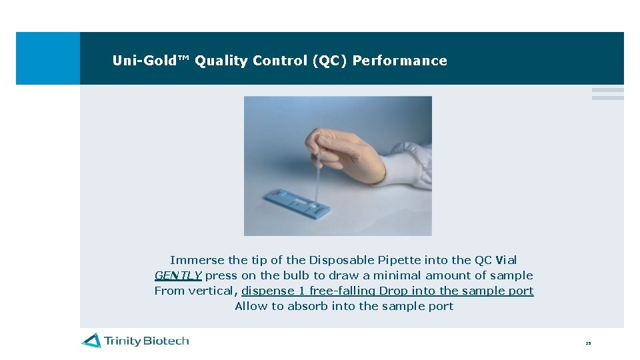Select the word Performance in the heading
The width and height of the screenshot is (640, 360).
(399, 61)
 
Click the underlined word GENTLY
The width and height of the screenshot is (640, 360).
(178, 275)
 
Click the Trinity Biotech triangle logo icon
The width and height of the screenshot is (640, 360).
(91, 341)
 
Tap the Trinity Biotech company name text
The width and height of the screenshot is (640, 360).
(146, 341)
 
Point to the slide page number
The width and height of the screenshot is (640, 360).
(588, 343)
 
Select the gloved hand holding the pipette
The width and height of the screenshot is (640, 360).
(347, 150)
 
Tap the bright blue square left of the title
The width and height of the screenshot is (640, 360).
(47, 58)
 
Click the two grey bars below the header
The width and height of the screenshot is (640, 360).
(607, 94)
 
